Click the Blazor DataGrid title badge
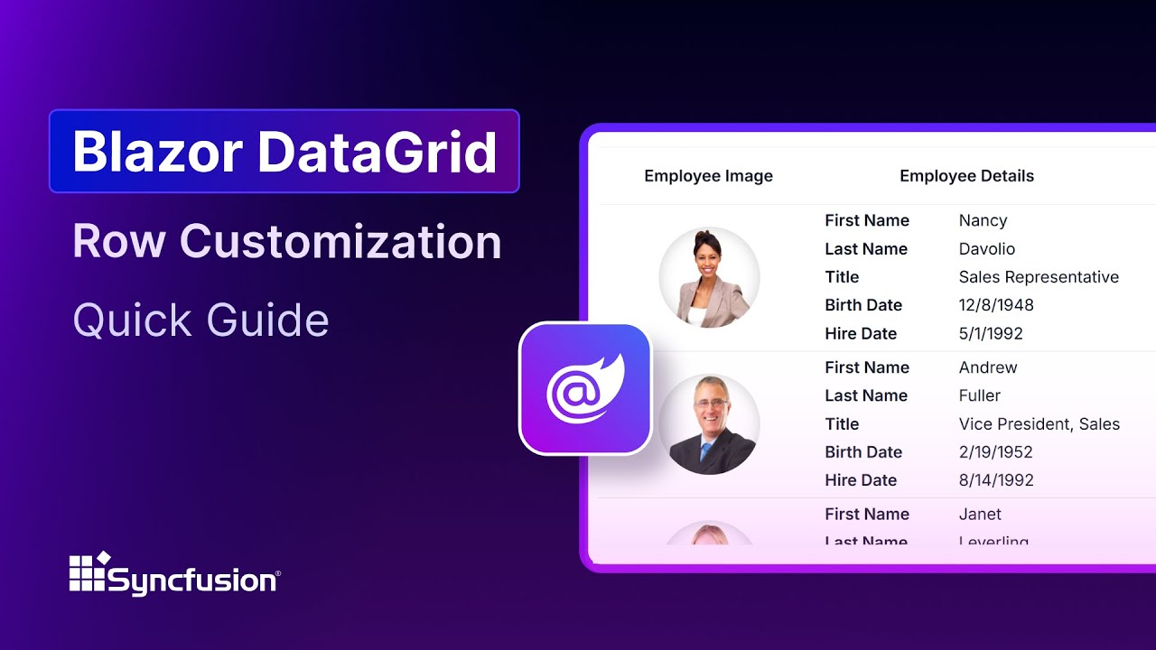pyautogui.click(x=284, y=152)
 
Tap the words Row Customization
pyautogui.click(x=287, y=242)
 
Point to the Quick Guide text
pyautogui.click(x=200, y=320)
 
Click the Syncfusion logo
pyautogui.click(x=175, y=573)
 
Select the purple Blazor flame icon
pyautogui.click(x=585, y=388)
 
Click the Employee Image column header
pyautogui.click(x=708, y=176)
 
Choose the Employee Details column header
pyautogui.click(x=966, y=176)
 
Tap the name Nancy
pyautogui.click(x=983, y=220)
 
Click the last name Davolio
pyautogui.click(x=986, y=249)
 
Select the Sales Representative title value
pyautogui.click(x=1039, y=277)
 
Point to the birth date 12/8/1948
pyautogui.click(x=996, y=305)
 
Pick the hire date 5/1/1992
pyautogui.click(x=991, y=334)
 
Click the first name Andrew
pyautogui.click(x=988, y=367)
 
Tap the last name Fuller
pyautogui.click(x=980, y=395)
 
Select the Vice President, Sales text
pyautogui.click(x=1039, y=424)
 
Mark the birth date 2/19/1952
pyautogui.click(x=995, y=452)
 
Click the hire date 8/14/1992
pyautogui.click(x=996, y=480)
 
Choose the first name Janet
pyautogui.click(x=980, y=515)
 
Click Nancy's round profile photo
pyautogui.click(x=709, y=277)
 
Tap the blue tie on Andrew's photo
pyautogui.click(x=706, y=450)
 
